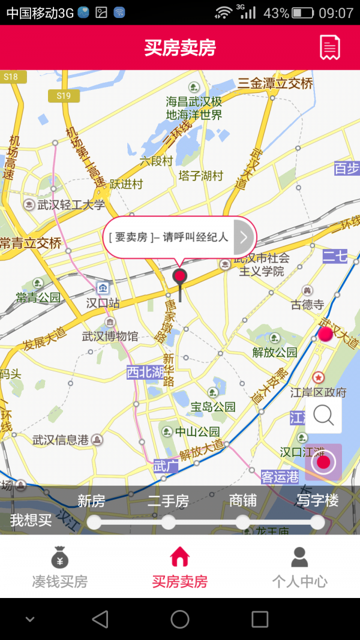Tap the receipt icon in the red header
coord(329,47)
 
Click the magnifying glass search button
coord(323,415)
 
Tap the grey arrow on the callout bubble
coord(243,237)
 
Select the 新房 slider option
coord(94,522)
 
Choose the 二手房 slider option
coord(169,522)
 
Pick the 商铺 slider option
coord(243,522)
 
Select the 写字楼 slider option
coord(317,522)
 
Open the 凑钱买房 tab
coord(60,567)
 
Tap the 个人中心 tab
coord(299,567)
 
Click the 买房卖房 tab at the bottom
coord(180,567)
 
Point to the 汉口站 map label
coord(103,303)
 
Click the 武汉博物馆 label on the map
coord(110,336)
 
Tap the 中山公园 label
coord(197,432)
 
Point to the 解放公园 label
coord(275,352)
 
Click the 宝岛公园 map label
coord(213,407)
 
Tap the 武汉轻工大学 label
coord(71,205)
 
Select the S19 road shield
coord(64,96)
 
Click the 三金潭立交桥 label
coord(275,83)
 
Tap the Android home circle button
coord(180,619)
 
